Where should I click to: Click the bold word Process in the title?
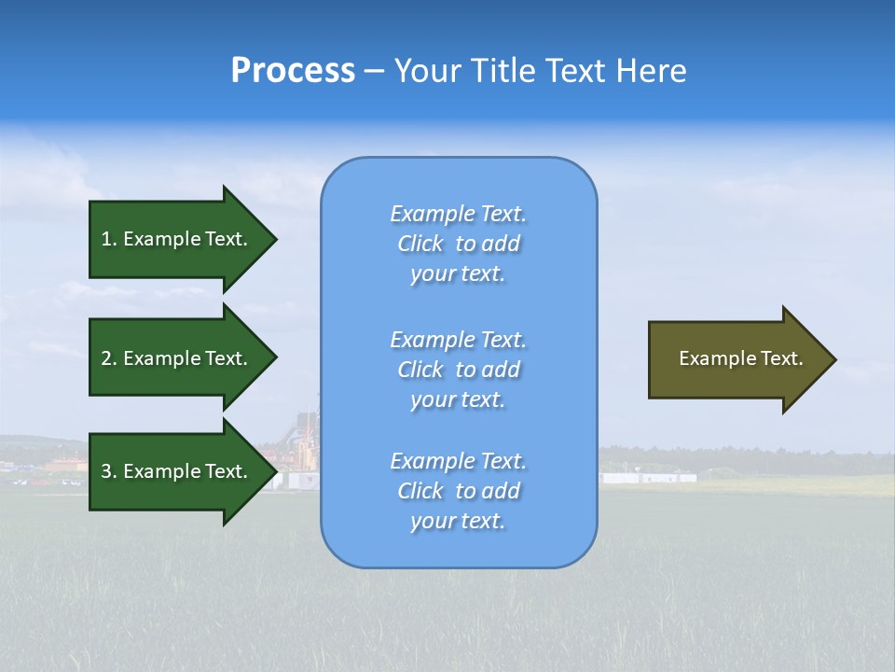(x=293, y=71)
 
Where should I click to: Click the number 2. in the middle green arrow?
(x=109, y=358)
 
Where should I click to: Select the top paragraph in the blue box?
(x=458, y=244)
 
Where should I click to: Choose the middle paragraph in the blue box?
(x=458, y=370)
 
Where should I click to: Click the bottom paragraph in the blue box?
(x=458, y=491)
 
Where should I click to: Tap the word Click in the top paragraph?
(x=420, y=244)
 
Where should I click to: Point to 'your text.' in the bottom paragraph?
(x=458, y=521)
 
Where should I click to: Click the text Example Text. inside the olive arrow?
(x=740, y=358)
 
